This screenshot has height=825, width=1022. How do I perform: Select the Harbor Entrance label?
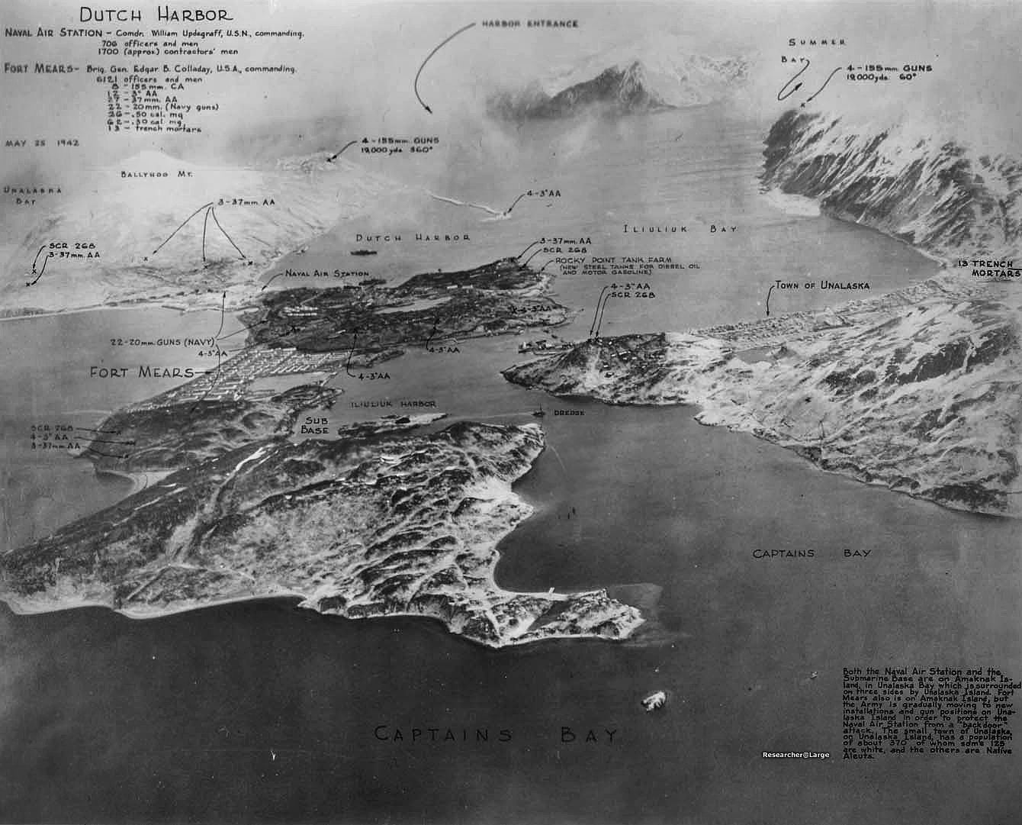[x=529, y=24]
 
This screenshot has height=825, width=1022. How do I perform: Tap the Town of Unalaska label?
[x=822, y=285]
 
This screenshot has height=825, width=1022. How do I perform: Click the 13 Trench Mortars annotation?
[x=990, y=269]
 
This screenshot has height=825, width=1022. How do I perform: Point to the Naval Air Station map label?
[x=327, y=273]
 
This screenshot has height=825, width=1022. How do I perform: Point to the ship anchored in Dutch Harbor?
[x=363, y=253]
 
